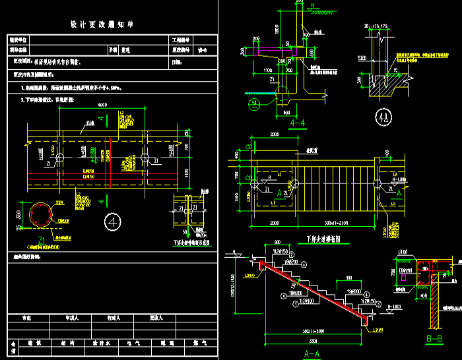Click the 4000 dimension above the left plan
(x=102, y=105)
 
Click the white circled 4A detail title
(x=383, y=119)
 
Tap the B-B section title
(x=434, y=339)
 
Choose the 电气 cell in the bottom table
(x=127, y=343)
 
